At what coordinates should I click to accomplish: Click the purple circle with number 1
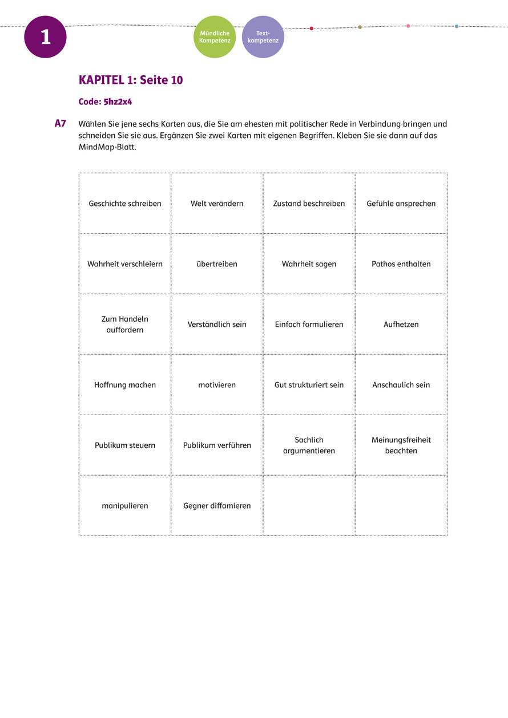(45, 37)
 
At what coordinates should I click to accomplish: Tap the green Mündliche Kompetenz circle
(214, 37)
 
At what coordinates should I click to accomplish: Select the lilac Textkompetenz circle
(263, 37)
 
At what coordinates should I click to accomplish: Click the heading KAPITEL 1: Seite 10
(131, 80)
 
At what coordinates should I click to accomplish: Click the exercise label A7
(61, 123)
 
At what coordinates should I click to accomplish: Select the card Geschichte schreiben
(125, 204)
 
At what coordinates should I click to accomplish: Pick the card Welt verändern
(217, 204)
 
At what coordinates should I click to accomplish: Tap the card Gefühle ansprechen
(401, 204)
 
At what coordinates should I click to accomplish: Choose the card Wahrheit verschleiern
(125, 264)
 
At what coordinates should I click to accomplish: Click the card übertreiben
(217, 264)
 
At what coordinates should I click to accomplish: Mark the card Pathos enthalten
(401, 264)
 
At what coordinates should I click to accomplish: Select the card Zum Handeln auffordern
(125, 324)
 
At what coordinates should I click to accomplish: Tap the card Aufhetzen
(401, 324)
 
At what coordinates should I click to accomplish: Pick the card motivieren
(217, 385)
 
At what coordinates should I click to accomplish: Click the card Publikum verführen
(217, 445)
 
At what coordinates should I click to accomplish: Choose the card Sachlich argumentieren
(309, 445)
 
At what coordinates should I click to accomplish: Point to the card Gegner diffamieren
(217, 506)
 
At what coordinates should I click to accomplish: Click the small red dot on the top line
(311, 28)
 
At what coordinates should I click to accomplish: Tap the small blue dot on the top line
(457, 26)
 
